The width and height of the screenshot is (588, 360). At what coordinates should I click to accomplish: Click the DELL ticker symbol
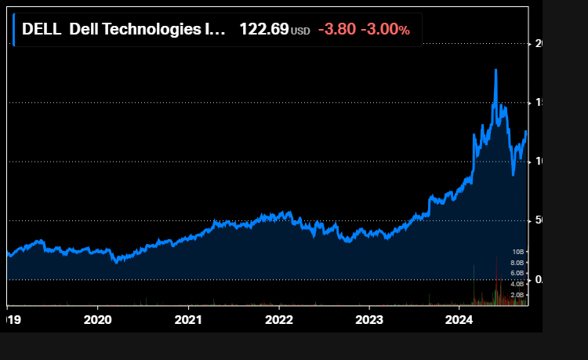click(x=41, y=29)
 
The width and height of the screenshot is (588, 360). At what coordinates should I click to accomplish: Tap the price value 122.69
click(x=263, y=29)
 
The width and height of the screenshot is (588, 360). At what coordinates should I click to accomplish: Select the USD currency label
click(x=300, y=31)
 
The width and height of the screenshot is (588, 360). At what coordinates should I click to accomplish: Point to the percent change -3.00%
click(x=385, y=29)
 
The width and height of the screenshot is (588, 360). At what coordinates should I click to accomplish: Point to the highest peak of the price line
click(x=495, y=70)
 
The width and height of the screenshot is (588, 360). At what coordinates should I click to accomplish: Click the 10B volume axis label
click(x=517, y=252)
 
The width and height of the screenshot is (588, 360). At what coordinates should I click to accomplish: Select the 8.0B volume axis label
click(x=517, y=263)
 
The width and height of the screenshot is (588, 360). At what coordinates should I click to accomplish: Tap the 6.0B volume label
click(x=517, y=273)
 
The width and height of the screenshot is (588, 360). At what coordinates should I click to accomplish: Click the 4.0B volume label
click(x=517, y=284)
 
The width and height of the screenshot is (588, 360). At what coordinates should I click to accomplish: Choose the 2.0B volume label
click(x=517, y=294)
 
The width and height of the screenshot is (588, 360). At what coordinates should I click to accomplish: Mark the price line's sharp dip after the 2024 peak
click(x=513, y=174)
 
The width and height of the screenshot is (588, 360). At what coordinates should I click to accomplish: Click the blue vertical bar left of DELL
click(x=14, y=29)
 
